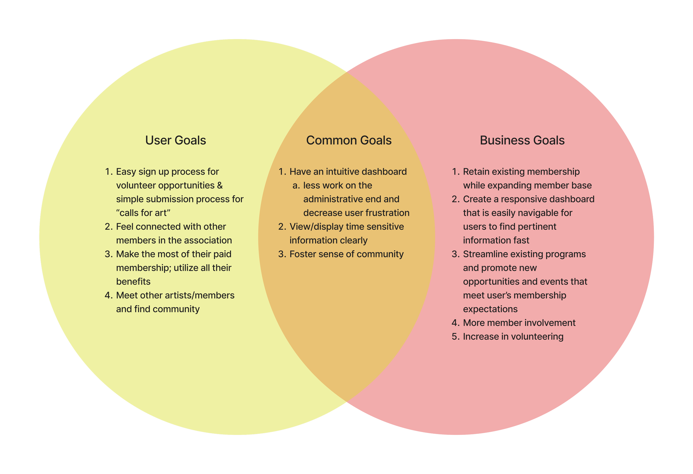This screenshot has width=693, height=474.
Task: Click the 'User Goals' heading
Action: pyautogui.click(x=175, y=141)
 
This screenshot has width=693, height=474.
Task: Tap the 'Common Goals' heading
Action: pyautogui.click(x=349, y=141)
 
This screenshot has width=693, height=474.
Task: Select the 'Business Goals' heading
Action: pyautogui.click(x=522, y=141)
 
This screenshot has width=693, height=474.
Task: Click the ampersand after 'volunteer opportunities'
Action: pyautogui.click(x=220, y=185)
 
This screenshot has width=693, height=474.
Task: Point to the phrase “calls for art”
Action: pyautogui.click(x=143, y=213)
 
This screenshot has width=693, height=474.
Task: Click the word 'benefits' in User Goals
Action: pyautogui.click(x=133, y=281)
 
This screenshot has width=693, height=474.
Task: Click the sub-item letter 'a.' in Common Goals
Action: pyautogui.click(x=296, y=185)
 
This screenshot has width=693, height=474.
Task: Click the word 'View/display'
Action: pyautogui.click(x=316, y=226)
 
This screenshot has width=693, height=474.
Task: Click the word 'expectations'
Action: pyautogui.click(x=490, y=309)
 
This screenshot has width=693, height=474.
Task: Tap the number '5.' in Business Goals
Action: pyautogui.click(x=456, y=337)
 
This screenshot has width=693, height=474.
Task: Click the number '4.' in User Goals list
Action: pyautogui.click(x=109, y=295)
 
